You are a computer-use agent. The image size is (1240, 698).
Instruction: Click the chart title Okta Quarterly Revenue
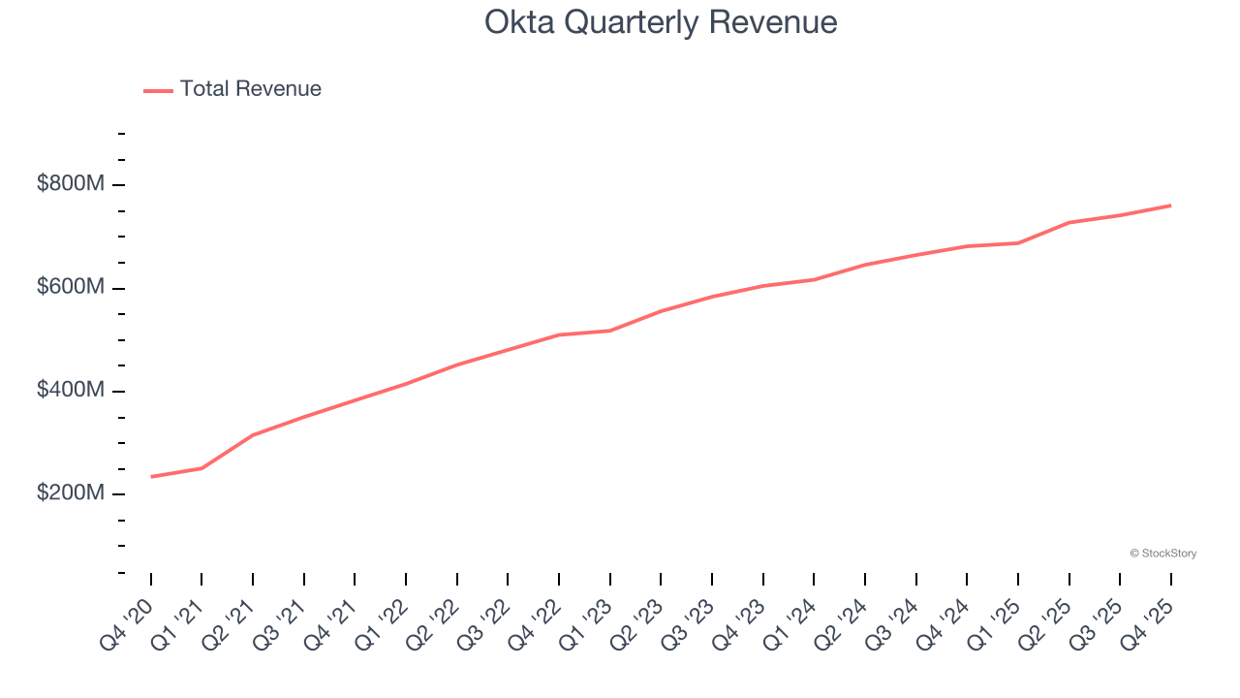661,22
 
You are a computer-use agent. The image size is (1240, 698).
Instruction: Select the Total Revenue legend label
250,89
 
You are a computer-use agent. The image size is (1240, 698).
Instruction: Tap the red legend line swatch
159,90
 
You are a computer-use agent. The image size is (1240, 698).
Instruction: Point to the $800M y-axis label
70,184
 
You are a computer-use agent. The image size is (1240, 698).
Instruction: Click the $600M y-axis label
70,288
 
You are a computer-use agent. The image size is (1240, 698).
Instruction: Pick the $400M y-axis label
70,391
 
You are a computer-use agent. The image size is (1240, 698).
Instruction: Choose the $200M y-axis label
70,493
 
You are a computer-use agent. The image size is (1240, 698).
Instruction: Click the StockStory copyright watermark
1162,554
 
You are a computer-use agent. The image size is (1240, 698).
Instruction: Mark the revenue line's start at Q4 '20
151,476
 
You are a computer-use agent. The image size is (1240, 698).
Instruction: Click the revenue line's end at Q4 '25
1170,206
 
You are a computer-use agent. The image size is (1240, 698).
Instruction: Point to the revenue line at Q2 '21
253,435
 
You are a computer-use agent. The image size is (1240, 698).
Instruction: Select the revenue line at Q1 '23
610,331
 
